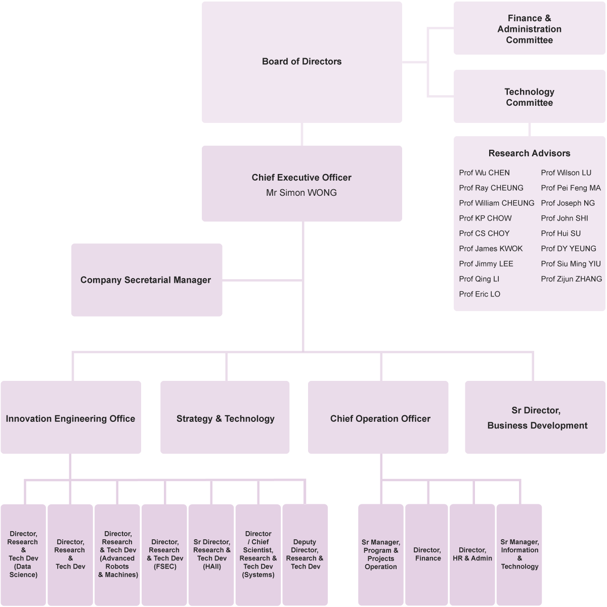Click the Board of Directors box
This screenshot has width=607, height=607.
(x=302, y=62)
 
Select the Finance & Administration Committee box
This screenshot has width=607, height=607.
(x=529, y=29)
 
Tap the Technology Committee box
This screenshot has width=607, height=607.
(x=529, y=97)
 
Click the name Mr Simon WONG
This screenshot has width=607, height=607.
(x=301, y=193)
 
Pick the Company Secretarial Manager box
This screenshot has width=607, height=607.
(x=146, y=280)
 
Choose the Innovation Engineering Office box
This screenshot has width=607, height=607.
(x=70, y=418)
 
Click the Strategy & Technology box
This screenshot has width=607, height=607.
(x=225, y=418)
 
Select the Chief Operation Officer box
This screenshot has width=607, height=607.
(x=380, y=418)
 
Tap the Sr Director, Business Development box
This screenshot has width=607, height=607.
(x=537, y=418)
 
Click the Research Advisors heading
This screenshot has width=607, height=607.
(x=529, y=153)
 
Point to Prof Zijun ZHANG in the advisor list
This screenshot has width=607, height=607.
(x=571, y=279)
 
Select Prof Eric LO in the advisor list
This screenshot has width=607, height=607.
(x=480, y=294)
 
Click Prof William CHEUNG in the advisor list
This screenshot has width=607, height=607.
(x=496, y=203)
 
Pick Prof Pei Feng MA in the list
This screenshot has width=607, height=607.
(x=571, y=188)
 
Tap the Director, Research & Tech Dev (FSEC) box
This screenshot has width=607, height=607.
(x=164, y=554)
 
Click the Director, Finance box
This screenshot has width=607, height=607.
(x=427, y=554)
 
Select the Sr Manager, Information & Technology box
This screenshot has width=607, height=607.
(x=519, y=554)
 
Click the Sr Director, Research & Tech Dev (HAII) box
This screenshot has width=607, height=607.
(x=211, y=554)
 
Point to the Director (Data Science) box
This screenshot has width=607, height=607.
(x=23, y=554)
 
